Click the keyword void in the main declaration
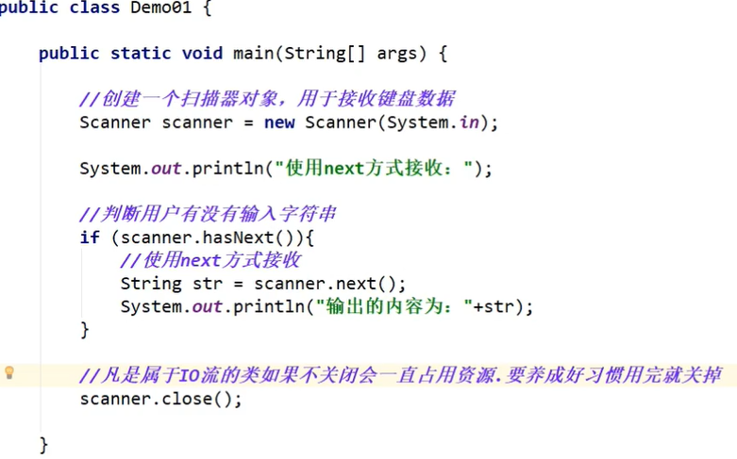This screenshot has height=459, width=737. (206, 53)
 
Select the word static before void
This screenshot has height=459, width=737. (141, 53)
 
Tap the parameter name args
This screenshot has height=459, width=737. (397, 53)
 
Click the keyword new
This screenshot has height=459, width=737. (278, 123)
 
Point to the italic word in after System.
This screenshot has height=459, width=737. (469, 123)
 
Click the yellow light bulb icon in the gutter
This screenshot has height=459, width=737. (9, 372)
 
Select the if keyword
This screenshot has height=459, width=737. (90, 238)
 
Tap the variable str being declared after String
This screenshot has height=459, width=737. (207, 284)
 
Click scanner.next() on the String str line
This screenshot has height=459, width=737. (329, 284)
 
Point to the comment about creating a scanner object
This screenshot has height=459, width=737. (268, 99)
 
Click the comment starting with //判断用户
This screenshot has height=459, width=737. (208, 215)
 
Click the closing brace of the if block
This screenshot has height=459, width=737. (85, 330)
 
